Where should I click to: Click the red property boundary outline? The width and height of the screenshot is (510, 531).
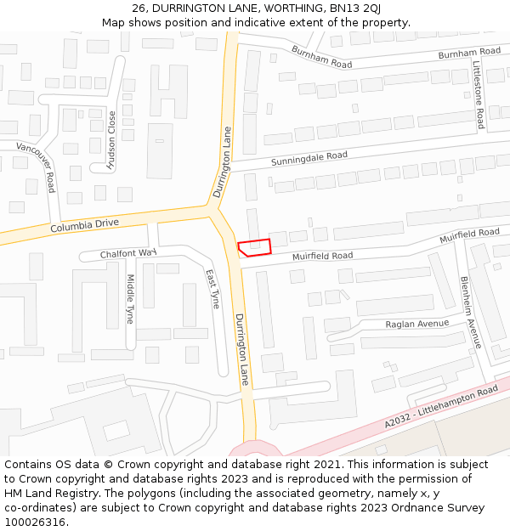tap(254, 247)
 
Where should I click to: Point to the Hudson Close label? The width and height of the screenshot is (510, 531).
tap(112, 141)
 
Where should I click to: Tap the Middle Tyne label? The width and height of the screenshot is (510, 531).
tap(130, 298)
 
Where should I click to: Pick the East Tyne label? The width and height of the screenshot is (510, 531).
tap(212, 289)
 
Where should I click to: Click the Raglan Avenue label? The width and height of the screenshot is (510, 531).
tap(416, 324)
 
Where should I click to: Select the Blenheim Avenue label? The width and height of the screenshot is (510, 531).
tap(470, 312)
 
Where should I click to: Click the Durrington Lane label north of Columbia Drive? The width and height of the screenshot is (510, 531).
tap(223, 162)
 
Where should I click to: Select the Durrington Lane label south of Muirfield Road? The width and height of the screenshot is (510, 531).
tap(241, 349)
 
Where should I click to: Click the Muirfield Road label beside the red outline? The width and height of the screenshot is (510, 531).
tap(322, 256)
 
